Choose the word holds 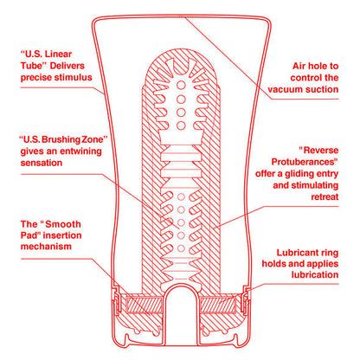[x=290, y=262]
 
